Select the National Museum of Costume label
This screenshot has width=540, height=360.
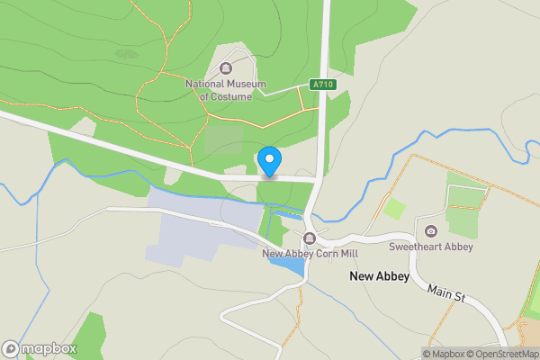[x=226, y=90]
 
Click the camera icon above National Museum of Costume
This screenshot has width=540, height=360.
[x=226, y=68]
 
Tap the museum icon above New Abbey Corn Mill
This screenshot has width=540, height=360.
[x=310, y=238]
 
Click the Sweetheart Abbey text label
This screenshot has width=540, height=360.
[x=431, y=247]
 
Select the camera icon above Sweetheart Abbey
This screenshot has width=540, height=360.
[x=431, y=231]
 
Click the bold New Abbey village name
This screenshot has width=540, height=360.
[x=379, y=276]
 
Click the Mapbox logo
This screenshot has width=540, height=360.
[x=40, y=348]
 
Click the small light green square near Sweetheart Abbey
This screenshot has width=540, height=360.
[x=394, y=209]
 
